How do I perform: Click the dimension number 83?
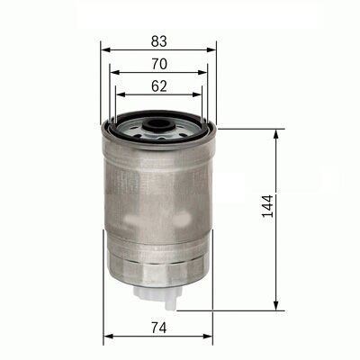point(159,40)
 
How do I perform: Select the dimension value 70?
point(159,64)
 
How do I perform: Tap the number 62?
point(159,87)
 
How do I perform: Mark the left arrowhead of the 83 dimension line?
point(105,49)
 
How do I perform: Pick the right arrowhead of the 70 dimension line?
point(207,73)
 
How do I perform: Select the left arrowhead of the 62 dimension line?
point(120,96)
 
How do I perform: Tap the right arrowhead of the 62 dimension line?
point(201,96)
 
